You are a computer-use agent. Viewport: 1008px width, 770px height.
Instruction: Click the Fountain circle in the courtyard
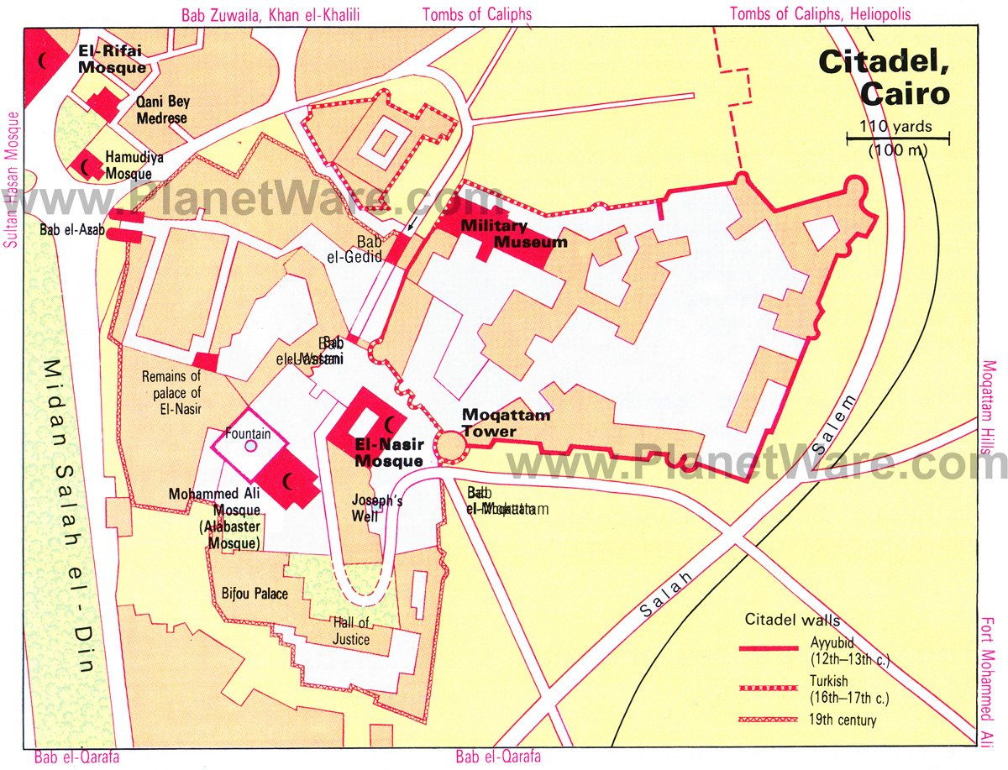(250, 447)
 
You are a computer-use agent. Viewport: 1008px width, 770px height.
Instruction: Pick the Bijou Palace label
(255, 594)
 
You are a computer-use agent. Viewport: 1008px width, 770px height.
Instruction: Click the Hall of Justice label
(350, 631)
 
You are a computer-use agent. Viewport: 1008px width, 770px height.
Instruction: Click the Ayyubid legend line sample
(769, 648)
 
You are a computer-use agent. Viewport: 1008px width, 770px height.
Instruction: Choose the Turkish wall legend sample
(769, 689)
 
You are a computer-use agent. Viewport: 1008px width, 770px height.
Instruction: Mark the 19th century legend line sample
(769, 720)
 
